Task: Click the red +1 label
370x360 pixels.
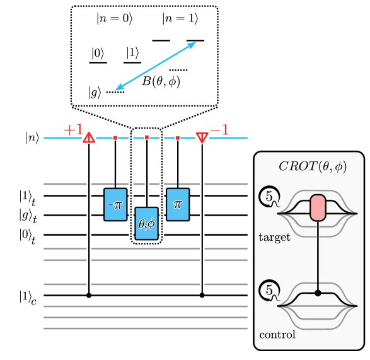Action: (x=73, y=130)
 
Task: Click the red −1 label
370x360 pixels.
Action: (x=219, y=131)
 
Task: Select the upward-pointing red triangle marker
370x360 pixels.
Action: (x=89, y=137)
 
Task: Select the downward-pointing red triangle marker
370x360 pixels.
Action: (x=202, y=137)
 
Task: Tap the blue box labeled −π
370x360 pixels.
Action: (x=115, y=204)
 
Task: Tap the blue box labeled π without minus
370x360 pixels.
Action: (x=178, y=204)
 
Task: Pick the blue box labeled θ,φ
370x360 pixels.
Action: (x=146, y=223)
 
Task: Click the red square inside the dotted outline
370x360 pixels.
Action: (x=147, y=137)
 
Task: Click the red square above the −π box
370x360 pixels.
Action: (x=115, y=137)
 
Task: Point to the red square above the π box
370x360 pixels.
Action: (x=178, y=137)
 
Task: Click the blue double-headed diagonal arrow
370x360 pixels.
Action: (x=156, y=66)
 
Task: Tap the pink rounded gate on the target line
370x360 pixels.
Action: (x=318, y=208)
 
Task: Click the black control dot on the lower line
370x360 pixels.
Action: (x=318, y=293)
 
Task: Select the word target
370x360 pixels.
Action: (x=274, y=238)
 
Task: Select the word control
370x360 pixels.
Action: (x=277, y=335)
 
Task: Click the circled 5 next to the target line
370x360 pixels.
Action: (x=269, y=197)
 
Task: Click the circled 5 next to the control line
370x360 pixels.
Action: (x=269, y=291)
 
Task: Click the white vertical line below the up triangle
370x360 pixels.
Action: (x=89, y=221)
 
